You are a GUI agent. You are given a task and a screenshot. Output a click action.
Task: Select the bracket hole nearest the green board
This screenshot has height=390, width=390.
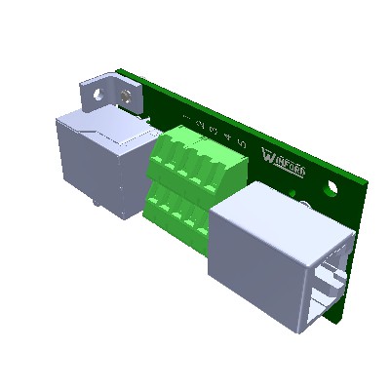[127, 97]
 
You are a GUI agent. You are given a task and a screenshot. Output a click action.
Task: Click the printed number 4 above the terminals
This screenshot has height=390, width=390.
[227, 137]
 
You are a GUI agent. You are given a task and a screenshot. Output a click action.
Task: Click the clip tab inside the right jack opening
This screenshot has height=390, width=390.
[330, 288]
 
